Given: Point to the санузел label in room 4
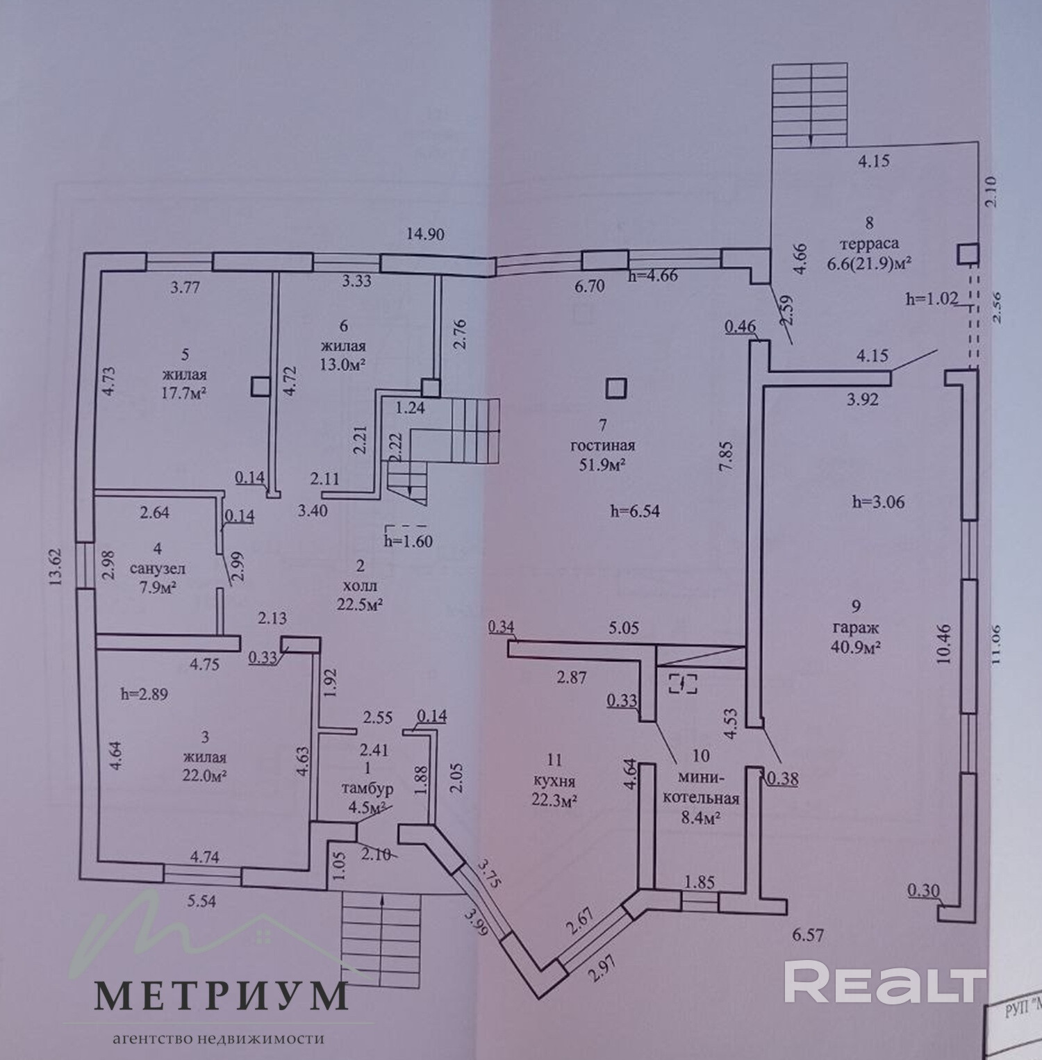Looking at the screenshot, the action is pyautogui.click(x=157, y=568).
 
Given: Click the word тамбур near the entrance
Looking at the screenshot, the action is pyautogui.click(x=367, y=788).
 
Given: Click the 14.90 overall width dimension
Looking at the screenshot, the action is pyautogui.click(x=425, y=234).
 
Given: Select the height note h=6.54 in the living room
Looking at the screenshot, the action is pyautogui.click(x=634, y=512).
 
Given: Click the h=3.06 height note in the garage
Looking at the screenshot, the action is pyautogui.click(x=879, y=502).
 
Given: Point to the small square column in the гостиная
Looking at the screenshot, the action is pyautogui.click(x=615, y=388).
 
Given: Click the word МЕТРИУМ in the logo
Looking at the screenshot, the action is pyautogui.click(x=220, y=997).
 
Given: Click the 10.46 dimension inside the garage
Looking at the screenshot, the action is pyautogui.click(x=943, y=645).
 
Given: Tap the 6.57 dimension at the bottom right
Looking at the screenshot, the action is pyautogui.click(x=807, y=936).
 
